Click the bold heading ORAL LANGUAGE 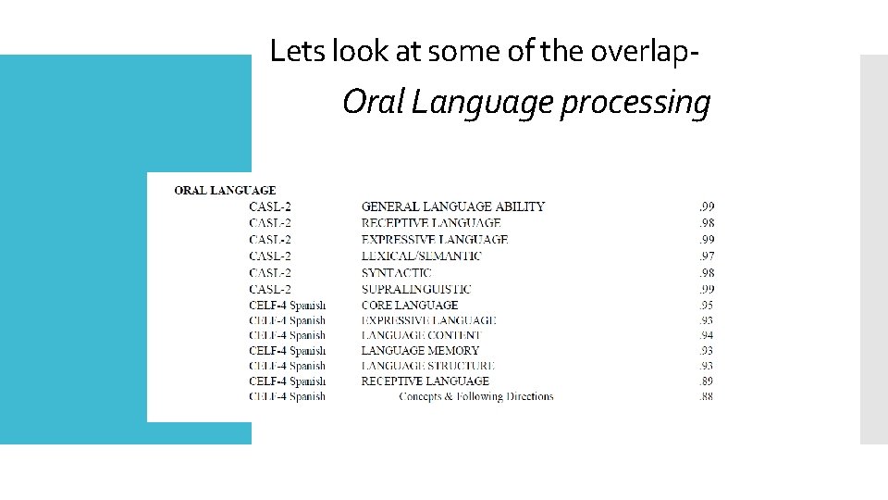pyautogui.click(x=225, y=191)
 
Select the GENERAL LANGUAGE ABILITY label pyautogui.click(x=452, y=206)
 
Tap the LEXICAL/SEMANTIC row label pyautogui.click(x=421, y=256)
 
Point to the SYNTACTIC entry pyautogui.click(x=396, y=272)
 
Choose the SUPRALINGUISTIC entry pyautogui.click(x=415, y=289)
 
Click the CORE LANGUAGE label pyautogui.click(x=409, y=305)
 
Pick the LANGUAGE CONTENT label pyautogui.click(x=421, y=335)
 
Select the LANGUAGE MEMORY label pyautogui.click(x=420, y=351)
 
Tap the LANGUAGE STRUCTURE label pyautogui.click(x=428, y=366)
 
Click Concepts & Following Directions pyautogui.click(x=475, y=396)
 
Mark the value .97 pyautogui.click(x=706, y=256)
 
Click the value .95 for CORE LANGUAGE pyautogui.click(x=706, y=305)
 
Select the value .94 pyautogui.click(x=706, y=335)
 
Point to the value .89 pyautogui.click(x=706, y=381)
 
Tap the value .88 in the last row pyautogui.click(x=706, y=396)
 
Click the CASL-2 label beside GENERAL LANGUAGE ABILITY pyautogui.click(x=270, y=206)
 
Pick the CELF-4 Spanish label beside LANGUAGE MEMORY pyautogui.click(x=287, y=351)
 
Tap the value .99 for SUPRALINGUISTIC pyautogui.click(x=706, y=289)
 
